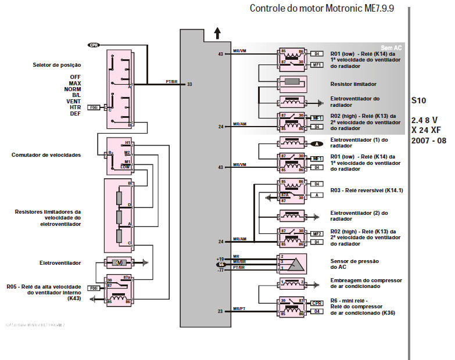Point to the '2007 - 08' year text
click(x=429, y=141)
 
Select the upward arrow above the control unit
click(x=218, y=33)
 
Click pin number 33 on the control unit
click(x=189, y=85)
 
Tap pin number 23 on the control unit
click(x=221, y=312)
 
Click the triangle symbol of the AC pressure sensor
click(x=296, y=263)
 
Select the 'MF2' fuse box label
click(x=317, y=233)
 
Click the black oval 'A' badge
click(x=317, y=143)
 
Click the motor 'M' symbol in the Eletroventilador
click(x=119, y=263)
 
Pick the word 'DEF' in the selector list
click(x=75, y=114)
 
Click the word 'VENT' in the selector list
click(x=73, y=101)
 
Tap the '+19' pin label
click(x=220, y=258)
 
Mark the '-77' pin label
click(x=220, y=270)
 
